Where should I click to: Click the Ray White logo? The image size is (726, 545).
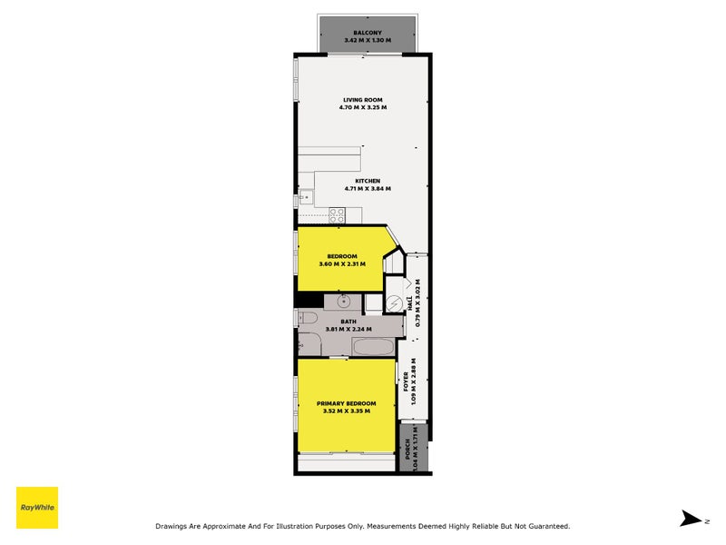point(37,508)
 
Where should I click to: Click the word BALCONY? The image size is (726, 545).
point(367,33)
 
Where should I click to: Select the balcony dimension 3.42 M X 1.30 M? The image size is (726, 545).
point(367,41)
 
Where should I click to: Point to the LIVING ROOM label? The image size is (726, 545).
point(363,99)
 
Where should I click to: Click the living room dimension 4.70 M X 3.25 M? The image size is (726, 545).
point(363,107)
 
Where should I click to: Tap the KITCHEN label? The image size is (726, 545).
point(368,180)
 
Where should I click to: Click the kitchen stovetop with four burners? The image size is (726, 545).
point(337,215)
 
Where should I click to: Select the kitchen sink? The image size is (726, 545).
point(305,193)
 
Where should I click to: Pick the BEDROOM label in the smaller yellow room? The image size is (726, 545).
point(342,256)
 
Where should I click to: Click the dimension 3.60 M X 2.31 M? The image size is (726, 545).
point(342,264)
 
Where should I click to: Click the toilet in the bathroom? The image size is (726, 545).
point(306,318)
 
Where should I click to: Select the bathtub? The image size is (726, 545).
point(372,347)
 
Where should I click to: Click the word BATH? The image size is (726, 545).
point(348,321)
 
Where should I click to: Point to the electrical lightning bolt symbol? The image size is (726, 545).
point(395,303)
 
